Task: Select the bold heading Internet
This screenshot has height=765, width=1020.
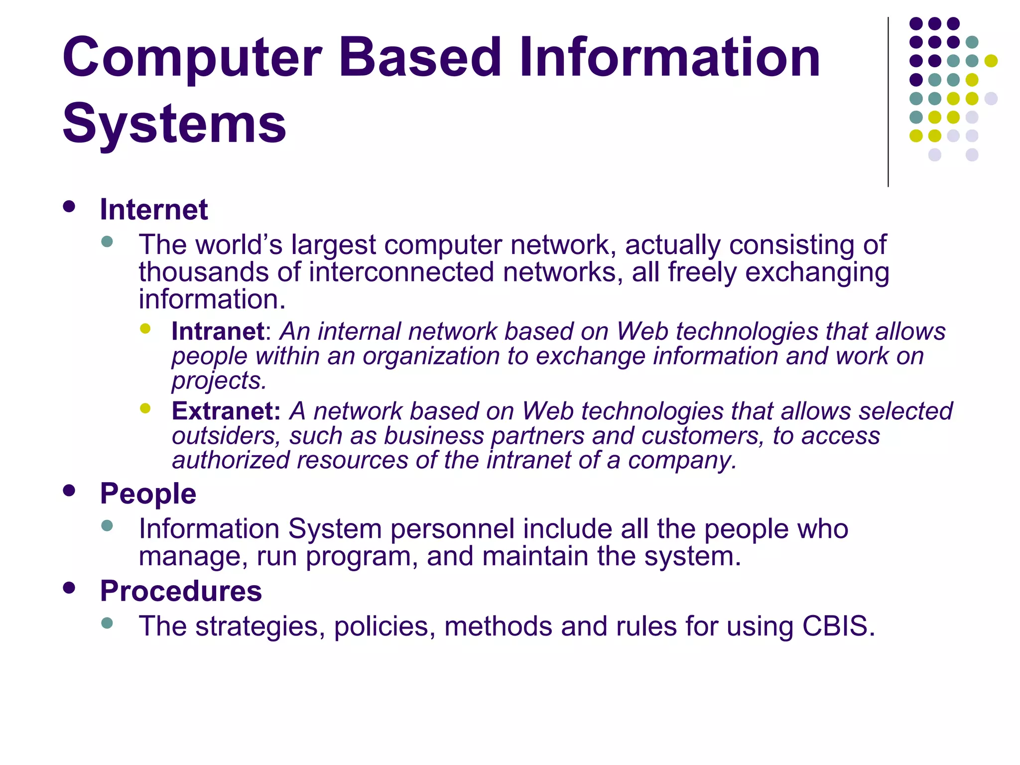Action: point(153,209)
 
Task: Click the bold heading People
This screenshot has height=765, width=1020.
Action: point(148,494)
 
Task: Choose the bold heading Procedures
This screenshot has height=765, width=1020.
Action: point(181,591)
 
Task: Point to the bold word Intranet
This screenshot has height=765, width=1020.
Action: point(218,331)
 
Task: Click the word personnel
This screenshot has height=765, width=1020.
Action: point(452,529)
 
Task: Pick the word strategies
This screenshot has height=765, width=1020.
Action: point(256,627)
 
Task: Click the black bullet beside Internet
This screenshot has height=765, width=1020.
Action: point(69,207)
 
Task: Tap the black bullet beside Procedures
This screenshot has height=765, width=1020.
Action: point(69,588)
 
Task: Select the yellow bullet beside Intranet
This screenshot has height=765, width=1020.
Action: point(145,328)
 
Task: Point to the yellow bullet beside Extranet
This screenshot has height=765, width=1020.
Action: point(145,408)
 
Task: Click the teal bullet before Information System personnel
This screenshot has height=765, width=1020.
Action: point(107,525)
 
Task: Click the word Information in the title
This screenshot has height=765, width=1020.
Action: point(669,58)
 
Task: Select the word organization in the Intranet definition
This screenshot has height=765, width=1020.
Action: point(431,357)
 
